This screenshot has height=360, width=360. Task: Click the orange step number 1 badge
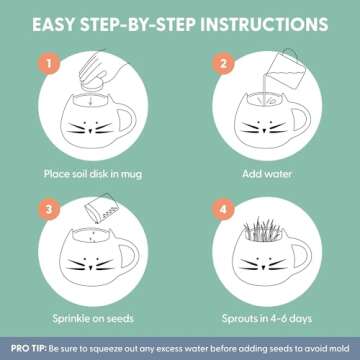49,63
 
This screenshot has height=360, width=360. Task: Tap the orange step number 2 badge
223,63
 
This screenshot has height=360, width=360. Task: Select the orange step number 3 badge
49,210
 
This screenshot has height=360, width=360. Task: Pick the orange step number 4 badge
223,210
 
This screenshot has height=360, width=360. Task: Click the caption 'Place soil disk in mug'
93,174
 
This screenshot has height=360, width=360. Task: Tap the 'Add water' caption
267,174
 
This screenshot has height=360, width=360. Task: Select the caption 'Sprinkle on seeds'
93,318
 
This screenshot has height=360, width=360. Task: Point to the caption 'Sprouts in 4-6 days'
267,319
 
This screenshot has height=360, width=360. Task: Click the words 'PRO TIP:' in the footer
29,349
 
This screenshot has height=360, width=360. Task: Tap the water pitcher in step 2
284,69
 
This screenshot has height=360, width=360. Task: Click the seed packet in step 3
102,208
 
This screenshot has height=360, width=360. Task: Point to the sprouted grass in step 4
263,229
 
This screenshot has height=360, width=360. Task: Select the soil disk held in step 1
91,85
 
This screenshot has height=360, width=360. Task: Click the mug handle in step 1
128,120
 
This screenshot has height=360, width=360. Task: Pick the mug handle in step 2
302,119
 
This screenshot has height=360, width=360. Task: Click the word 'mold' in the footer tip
340,349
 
